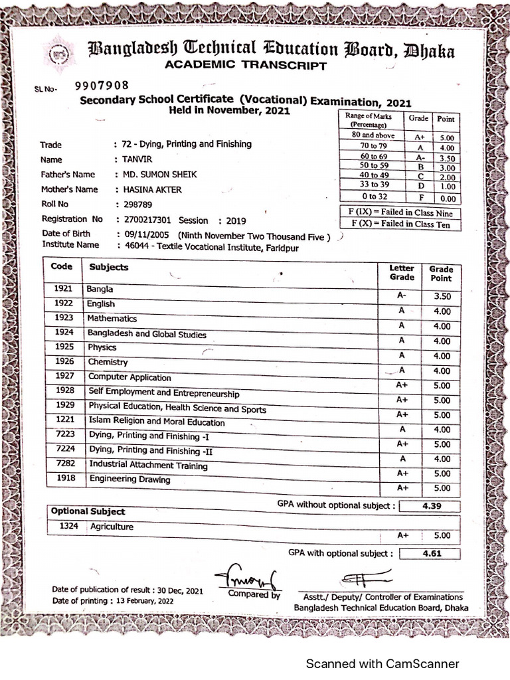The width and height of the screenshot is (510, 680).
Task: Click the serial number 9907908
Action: click(x=101, y=86)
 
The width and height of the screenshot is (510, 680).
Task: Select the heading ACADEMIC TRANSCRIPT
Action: click(x=245, y=65)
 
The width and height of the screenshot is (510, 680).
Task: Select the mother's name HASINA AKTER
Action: click(x=148, y=190)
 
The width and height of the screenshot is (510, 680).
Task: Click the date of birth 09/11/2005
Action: click(x=142, y=234)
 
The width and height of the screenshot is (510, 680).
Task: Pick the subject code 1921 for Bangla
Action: click(x=64, y=290)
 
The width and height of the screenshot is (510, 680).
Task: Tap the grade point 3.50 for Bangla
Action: click(x=442, y=296)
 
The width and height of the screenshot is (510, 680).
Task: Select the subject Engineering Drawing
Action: click(x=129, y=479)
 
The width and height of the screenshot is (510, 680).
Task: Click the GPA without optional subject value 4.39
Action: click(x=432, y=506)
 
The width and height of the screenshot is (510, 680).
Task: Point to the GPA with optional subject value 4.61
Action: click(x=432, y=553)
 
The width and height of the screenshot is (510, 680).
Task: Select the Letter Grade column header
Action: click(x=401, y=273)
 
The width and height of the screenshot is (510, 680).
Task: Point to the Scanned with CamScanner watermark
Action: click(x=381, y=663)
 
